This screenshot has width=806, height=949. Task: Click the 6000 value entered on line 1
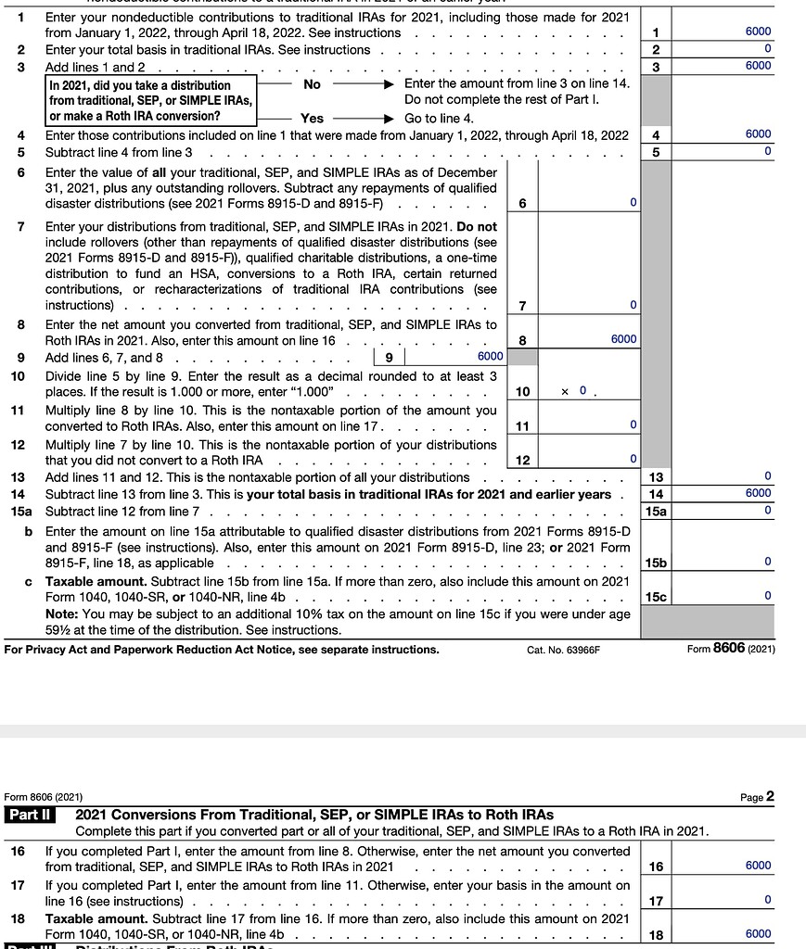757,32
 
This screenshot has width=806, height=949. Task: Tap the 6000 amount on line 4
757,134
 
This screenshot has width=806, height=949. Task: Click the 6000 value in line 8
623,339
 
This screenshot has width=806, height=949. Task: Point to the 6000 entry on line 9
490,357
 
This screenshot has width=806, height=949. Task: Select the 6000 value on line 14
757,494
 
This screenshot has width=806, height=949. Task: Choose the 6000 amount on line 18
757,934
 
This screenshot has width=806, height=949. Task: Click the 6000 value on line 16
757,866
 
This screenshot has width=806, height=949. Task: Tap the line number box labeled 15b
656,563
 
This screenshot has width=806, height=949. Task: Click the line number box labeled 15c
656,597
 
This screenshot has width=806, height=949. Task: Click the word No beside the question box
312,84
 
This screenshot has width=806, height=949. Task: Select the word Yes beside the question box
312,119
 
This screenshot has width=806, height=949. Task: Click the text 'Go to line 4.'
439,119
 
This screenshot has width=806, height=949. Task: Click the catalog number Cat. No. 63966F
563,650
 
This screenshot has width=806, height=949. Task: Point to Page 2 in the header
757,797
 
